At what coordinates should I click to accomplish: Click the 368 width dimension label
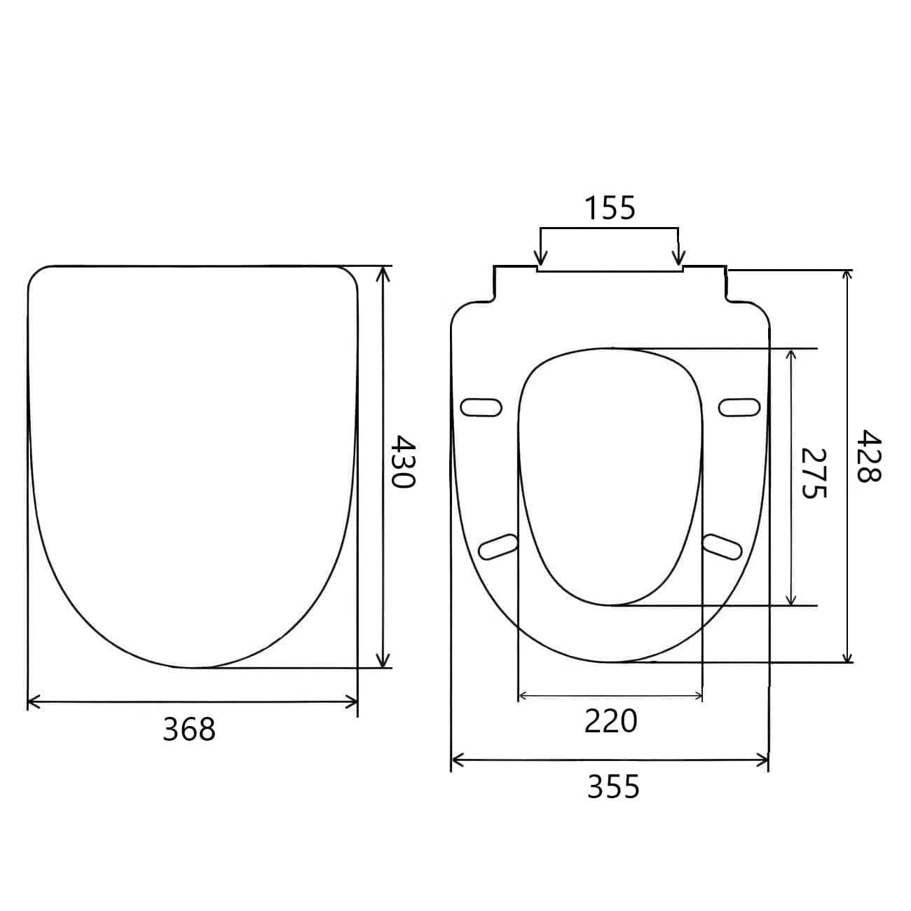tap(189, 729)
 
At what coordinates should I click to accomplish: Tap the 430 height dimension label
tap(403, 461)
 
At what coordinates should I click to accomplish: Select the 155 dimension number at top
tap(610, 208)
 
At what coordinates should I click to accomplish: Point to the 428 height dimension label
tap(868, 455)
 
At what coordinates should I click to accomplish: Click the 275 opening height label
tap(814, 473)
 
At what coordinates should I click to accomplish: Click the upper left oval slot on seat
tap(481, 408)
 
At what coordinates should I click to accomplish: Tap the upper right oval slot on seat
tap(739, 408)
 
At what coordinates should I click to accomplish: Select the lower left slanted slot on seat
tap(498, 547)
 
